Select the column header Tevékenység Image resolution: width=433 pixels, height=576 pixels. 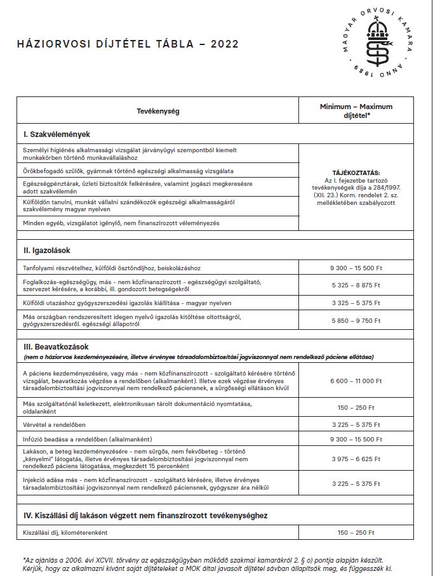click(158, 111)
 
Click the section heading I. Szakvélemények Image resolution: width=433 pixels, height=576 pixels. click(57, 134)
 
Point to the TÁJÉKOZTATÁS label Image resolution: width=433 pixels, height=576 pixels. click(356, 172)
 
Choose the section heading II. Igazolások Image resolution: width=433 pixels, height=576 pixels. click(51, 251)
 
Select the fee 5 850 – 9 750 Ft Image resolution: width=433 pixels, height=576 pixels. click(356, 320)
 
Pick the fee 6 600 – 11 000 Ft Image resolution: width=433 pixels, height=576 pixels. click(356, 381)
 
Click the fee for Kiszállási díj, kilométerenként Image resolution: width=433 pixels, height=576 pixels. click(356, 532)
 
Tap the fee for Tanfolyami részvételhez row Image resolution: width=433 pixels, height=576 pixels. click(356, 268)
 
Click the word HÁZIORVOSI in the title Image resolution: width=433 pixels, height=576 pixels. click(51, 44)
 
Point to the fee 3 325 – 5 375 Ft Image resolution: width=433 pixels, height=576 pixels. click(356, 303)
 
